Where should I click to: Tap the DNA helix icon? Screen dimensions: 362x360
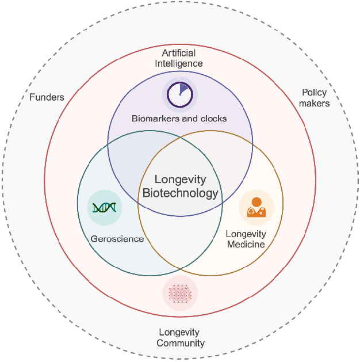pyautogui.click(x=105, y=207)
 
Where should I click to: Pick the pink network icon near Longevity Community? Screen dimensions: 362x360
pyautogui.click(x=180, y=294)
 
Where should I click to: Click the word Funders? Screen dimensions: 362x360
pyautogui.click(x=47, y=97)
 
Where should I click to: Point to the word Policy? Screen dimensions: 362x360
pyautogui.click(x=314, y=93)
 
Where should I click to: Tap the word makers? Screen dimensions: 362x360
pyautogui.click(x=315, y=104)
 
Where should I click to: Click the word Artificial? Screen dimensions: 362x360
pyautogui.click(x=179, y=53)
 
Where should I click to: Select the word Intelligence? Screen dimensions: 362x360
pyautogui.click(x=179, y=63)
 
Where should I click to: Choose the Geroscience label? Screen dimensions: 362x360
pyautogui.click(x=117, y=239)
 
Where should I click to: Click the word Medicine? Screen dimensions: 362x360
pyautogui.click(x=246, y=244)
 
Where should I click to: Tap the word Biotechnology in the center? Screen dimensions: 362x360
pyautogui.click(x=180, y=193)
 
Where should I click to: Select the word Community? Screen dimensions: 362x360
pyautogui.click(x=180, y=344)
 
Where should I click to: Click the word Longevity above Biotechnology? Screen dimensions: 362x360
pyautogui.click(x=180, y=180)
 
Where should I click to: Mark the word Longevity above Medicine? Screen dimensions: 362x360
pyautogui.click(x=246, y=234)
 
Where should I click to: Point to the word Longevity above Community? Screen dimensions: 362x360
pyautogui.click(x=179, y=333)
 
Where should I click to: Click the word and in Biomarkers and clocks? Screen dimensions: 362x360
pyautogui.click(x=190, y=119)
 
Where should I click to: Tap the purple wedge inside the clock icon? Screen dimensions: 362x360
pyautogui.click(x=183, y=90)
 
